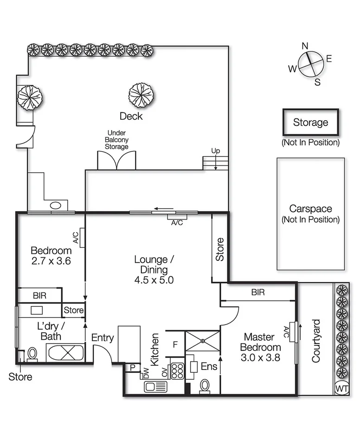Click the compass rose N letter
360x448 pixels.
click(x=305, y=45)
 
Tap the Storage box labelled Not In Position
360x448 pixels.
click(x=310, y=123)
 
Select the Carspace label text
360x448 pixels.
click(x=310, y=209)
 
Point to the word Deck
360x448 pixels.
click(x=131, y=116)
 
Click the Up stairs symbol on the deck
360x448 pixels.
click(x=216, y=163)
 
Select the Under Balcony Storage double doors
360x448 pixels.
click(x=116, y=160)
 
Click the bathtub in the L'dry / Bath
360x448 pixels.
click(x=66, y=352)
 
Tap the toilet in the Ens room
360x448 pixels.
click(x=205, y=386)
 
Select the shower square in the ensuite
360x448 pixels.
click(x=202, y=341)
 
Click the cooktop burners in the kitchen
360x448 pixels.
click(x=177, y=370)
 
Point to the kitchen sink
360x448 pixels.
click(x=155, y=386)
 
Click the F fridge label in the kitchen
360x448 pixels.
click(x=175, y=344)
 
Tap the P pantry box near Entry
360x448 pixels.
click(x=132, y=367)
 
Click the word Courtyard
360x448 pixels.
click(x=316, y=340)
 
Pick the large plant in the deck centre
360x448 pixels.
click(x=141, y=95)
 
